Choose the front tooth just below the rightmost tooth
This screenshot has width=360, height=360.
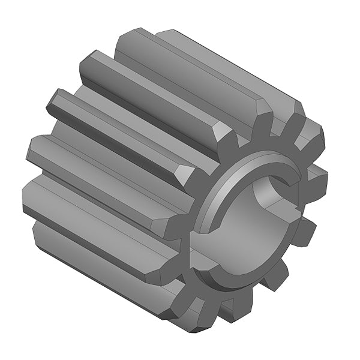306,231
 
